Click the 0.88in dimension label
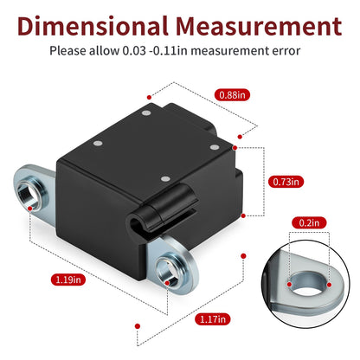point(232,95)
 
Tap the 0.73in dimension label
point(286,182)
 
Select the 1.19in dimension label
point(68,280)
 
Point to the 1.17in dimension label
point(213,319)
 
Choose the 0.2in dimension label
point(309,222)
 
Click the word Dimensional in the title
point(93,26)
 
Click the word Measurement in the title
point(259,26)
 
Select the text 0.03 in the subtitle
point(134,51)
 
